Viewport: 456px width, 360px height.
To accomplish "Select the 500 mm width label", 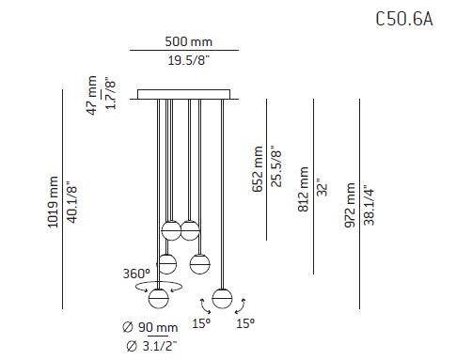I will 188,42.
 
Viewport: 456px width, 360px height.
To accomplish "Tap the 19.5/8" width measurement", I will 188,62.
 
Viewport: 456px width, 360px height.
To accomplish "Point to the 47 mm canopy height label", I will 93,95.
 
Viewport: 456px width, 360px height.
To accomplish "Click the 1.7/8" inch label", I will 112,95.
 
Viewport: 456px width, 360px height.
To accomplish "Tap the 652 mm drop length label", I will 258,168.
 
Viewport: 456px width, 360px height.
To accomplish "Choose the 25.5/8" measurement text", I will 276,166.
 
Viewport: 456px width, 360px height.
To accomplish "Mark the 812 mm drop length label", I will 303,189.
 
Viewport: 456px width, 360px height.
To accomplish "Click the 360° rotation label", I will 135,274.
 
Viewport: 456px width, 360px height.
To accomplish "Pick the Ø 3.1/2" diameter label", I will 149,345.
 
